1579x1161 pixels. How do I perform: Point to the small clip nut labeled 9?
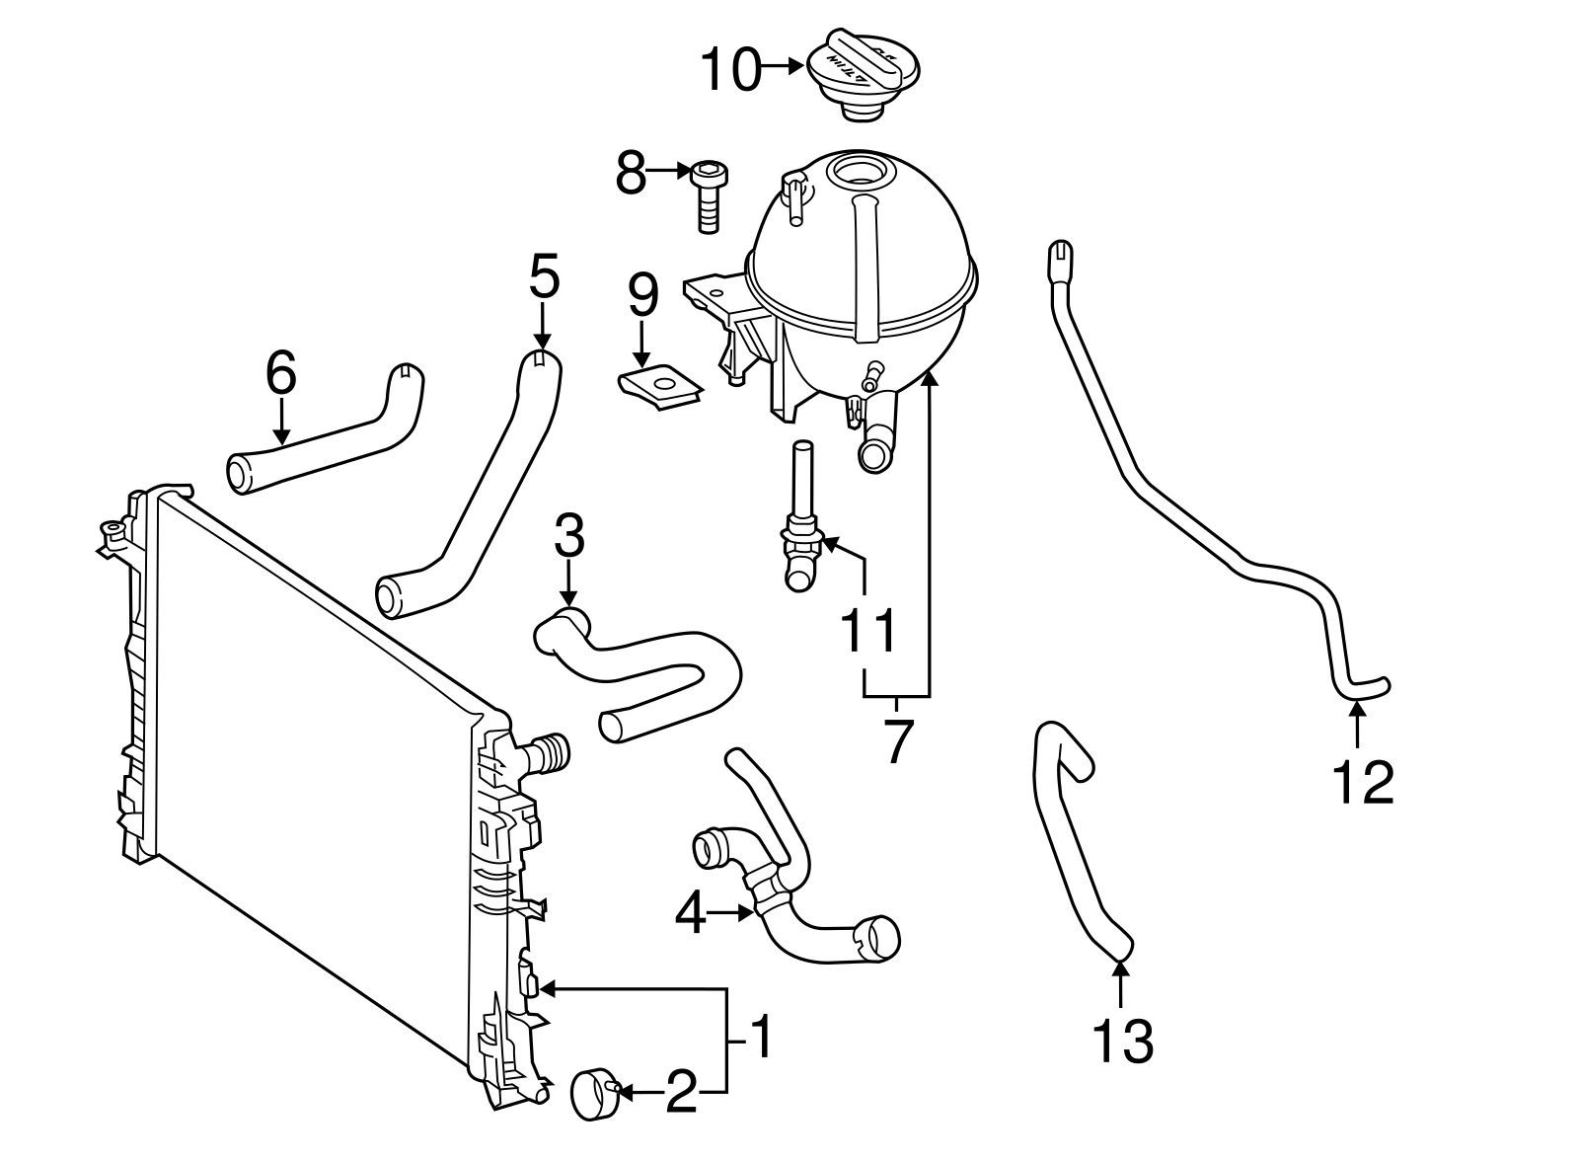coord(660,386)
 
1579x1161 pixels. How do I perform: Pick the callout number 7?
coord(895,742)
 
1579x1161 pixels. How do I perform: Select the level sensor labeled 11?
coord(801,523)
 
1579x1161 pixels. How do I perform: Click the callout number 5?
coord(544,277)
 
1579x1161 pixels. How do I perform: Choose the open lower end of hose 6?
coord(240,475)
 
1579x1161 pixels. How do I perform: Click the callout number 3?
coord(568,538)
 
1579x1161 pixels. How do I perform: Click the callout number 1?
coord(758,1039)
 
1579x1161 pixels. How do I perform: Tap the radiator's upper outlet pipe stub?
coord(550,754)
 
